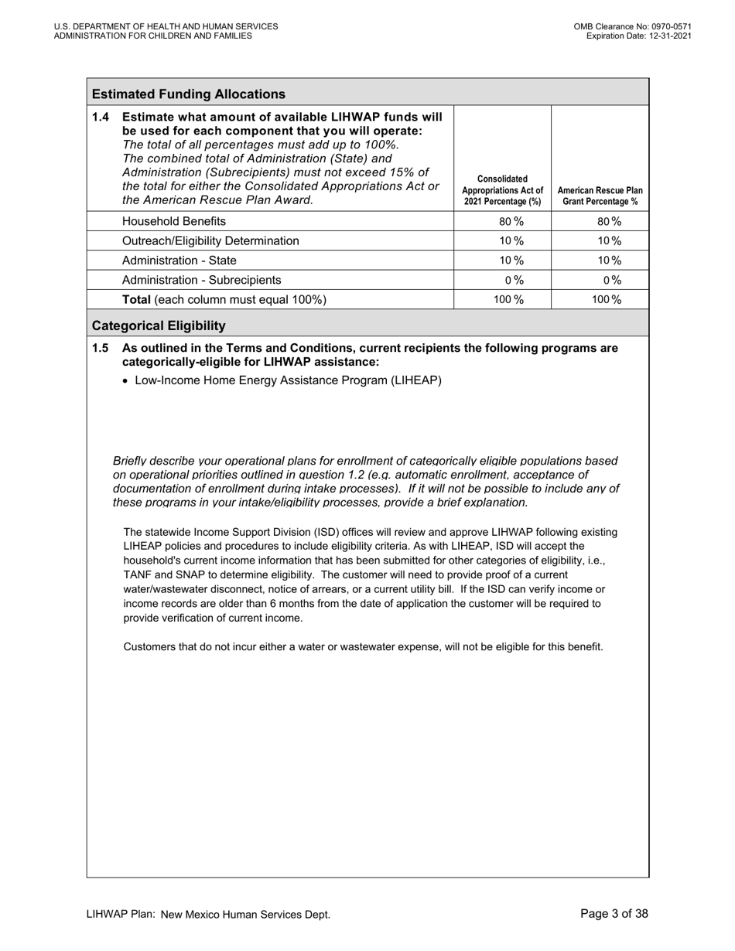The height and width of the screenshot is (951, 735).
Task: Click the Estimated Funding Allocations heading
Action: pyautogui.click(x=188, y=94)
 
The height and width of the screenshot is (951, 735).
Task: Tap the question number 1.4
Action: pyautogui.click(x=101, y=117)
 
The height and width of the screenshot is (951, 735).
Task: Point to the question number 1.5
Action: pyautogui.click(x=101, y=348)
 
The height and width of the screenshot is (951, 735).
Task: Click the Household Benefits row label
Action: pyautogui.click(x=174, y=221)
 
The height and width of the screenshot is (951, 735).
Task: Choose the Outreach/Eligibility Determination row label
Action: pyautogui.click(x=210, y=240)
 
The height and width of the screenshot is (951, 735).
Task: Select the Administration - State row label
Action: pyautogui.click(x=179, y=261)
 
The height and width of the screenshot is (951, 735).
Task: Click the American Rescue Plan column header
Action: pyautogui.click(x=600, y=196)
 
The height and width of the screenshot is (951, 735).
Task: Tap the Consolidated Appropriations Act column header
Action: pyautogui.click(x=502, y=190)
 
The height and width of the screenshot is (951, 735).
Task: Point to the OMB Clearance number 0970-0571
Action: pyautogui.click(x=632, y=26)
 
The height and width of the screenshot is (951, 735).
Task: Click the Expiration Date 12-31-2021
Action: pyautogui.click(x=638, y=36)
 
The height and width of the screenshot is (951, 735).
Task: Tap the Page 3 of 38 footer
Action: pyautogui.click(x=614, y=914)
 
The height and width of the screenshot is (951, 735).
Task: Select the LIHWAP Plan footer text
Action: pyautogui.click(x=208, y=915)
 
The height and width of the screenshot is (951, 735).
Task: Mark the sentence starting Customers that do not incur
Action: pyautogui.click(x=363, y=646)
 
